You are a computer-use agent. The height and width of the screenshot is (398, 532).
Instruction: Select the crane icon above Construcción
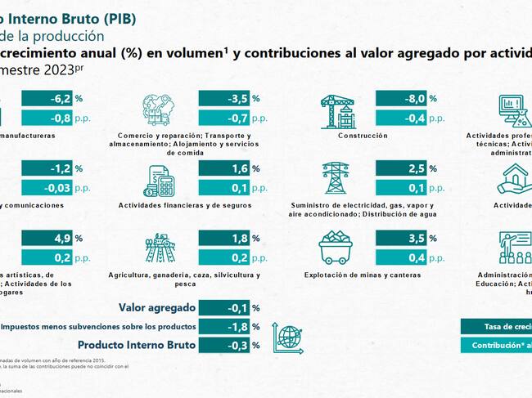(336, 110)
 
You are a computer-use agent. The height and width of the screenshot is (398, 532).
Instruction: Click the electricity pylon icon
(336, 178)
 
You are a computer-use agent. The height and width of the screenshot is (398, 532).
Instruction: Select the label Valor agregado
(156, 308)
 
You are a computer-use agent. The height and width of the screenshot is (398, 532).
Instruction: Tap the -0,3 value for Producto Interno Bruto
(223, 345)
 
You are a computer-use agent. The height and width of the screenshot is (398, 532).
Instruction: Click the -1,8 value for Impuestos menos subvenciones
(223, 327)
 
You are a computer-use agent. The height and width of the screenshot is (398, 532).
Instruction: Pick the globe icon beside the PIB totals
(288, 337)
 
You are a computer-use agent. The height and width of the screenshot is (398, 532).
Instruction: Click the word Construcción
(362, 136)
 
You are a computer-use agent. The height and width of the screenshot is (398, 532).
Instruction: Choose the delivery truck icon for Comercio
(160, 110)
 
